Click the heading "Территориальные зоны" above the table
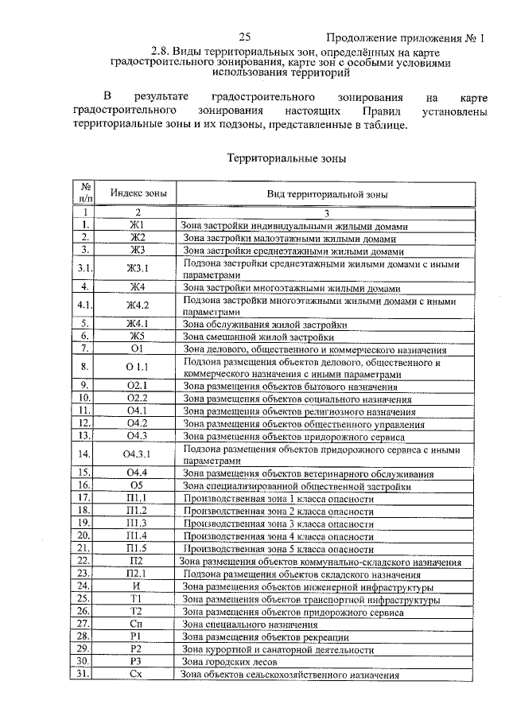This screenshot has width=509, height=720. click(x=286, y=158)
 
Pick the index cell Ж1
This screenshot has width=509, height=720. click(x=137, y=225)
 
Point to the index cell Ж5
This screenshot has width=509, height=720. click(x=137, y=336)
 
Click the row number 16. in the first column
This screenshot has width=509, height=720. click(x=84, y=485)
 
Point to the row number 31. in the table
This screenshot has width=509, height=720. click(x=84, y=675)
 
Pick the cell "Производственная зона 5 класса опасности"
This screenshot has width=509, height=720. click(x=278, y=549)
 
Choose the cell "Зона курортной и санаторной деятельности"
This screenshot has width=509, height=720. click(x=278, y=650)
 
